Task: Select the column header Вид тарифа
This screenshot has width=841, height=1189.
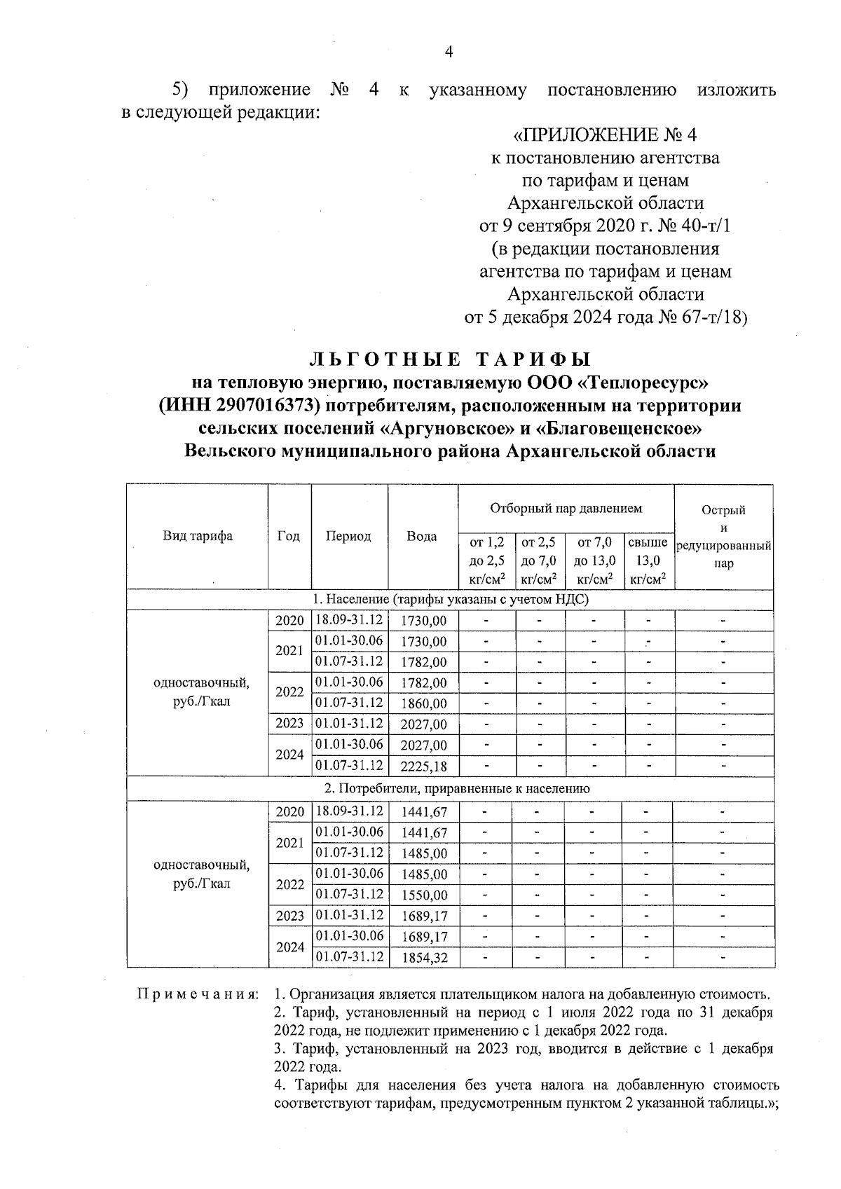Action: (x=198, y=536)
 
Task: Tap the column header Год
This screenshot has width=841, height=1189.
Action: (x=289, y=536)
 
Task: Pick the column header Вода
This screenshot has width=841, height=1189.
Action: (x=422, y=537)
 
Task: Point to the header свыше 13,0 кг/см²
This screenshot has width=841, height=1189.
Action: (x=648, y=561)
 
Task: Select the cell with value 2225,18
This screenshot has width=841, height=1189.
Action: (x=423, y=767)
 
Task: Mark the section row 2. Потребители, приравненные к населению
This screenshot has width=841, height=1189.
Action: (x=450, y=789)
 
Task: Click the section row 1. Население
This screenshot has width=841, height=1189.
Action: (x=450, y=600)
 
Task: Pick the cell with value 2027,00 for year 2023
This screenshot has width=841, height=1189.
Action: (x=423, y=724)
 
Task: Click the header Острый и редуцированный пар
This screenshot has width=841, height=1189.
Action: (x=723, y=537)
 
